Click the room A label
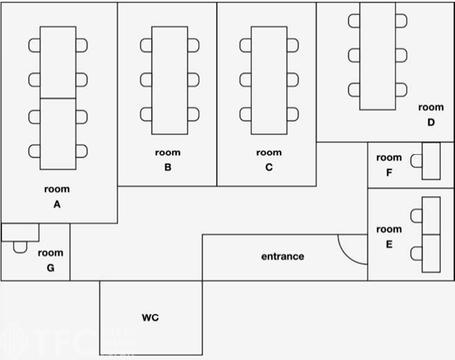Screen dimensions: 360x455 (x=57, y=196)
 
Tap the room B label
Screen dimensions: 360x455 (x=168, y=160)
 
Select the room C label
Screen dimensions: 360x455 (x=268, y=160)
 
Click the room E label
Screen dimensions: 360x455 (x=389, y=236)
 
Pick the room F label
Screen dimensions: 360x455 (x=389, y=164)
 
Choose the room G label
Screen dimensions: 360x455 (x=51, y=260)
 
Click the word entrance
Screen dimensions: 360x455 (x=283, y=256)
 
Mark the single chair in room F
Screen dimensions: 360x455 (x=416, y=161)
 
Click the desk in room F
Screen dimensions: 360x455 (x=431, y=161)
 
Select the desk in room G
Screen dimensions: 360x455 (x=20, y=231)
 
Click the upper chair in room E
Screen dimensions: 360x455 (x=416, y=216)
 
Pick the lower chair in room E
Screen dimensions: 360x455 (x=416, y=253)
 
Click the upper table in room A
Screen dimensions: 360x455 (x=58, y=62)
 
